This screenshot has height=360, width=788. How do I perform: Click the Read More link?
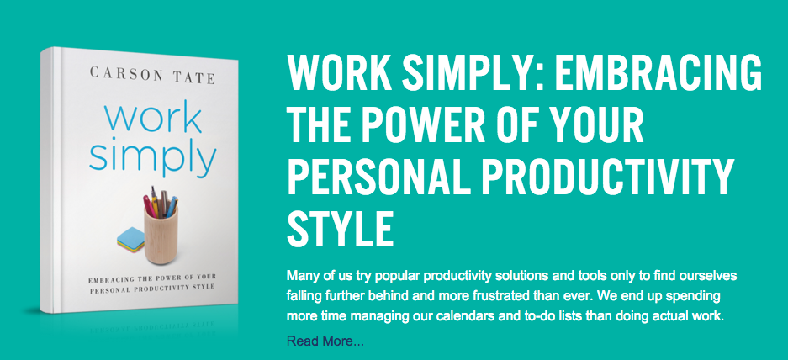[325, 341]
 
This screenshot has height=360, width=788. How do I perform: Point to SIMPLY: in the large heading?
[466, 76]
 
